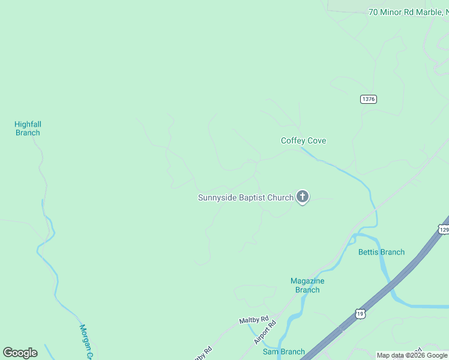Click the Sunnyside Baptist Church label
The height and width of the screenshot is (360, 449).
[246, 197]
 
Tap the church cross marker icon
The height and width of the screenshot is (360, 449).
[303, 196]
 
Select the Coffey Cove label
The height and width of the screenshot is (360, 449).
[303, 141]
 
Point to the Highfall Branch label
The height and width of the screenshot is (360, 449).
[28, 128]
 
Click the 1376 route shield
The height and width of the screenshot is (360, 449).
[369, 99]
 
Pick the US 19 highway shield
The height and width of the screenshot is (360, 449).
[360, 314]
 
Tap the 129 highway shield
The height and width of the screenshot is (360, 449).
[444, 230]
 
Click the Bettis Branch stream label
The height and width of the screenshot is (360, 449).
[381, 252]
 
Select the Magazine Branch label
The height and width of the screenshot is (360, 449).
[307, 285]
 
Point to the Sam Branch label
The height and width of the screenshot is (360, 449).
[283, 352]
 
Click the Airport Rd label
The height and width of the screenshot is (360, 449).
[264, 331]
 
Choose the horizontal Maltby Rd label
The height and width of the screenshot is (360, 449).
[253, 320]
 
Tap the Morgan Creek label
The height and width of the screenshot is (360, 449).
[86, 343]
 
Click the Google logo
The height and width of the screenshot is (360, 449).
[20, 353]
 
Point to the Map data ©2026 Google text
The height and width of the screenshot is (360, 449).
[412, 355]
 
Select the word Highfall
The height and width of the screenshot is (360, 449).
[28, 124]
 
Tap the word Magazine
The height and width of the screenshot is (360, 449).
[307, 281]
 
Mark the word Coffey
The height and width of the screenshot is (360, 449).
[292, 141]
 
